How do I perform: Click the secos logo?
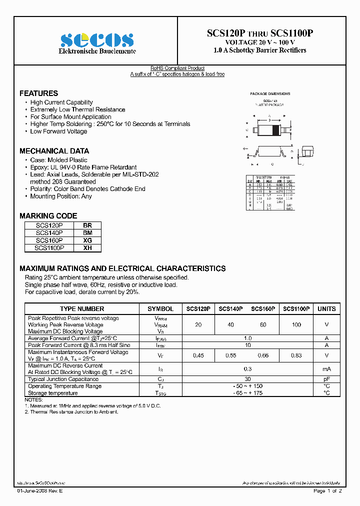pos(96,39)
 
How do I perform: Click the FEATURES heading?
pos(38,93)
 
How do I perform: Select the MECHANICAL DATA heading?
pos(54,151)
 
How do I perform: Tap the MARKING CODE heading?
pos(48,216)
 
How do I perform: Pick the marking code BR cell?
pos(87,225)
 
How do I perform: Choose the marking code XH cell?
pos(87,247)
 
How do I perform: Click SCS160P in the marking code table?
pos(49,240)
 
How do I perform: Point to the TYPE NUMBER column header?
pos(82,309)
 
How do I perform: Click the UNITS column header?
pos(326,309)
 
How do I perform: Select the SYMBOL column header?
pos(160,309)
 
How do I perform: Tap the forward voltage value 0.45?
pos(198,355)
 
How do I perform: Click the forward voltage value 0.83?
pos(296,355)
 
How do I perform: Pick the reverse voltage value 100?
pos(296,325)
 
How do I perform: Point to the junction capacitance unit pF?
pos(326,379)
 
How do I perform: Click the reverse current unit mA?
pos(326,369)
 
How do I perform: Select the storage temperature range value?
pos(247,393)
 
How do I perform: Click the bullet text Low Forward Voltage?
pos(58,131)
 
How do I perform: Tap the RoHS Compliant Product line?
pos(177,68)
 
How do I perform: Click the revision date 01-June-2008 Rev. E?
pos(40,491)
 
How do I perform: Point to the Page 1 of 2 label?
pos(327,491)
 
